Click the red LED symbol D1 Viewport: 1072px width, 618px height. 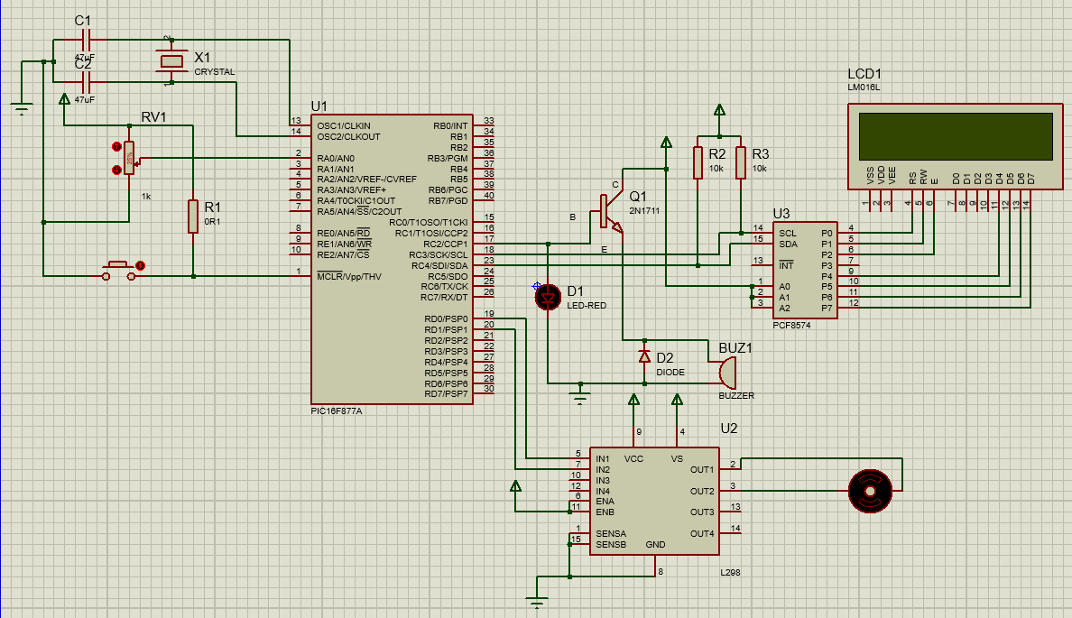[548, 296]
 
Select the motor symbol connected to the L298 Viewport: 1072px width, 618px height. [871, 492]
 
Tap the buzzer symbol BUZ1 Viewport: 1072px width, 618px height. [725, 372]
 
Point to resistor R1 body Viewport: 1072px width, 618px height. [192, 217]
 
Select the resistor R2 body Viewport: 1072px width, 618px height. [698, 162]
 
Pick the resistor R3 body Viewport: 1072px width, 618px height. [741, 162]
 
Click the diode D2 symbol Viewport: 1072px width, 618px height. [644, 357]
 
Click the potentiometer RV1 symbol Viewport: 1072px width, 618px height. [128, 158]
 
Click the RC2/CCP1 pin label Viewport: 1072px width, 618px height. [445, 244]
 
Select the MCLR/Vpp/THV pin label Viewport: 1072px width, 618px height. [349, 276]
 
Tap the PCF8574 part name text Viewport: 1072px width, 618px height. [791, 325]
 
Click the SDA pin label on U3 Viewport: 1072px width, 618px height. [788, 244]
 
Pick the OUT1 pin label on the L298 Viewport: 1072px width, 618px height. [702, 469]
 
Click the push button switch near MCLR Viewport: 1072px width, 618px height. [119, 269]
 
